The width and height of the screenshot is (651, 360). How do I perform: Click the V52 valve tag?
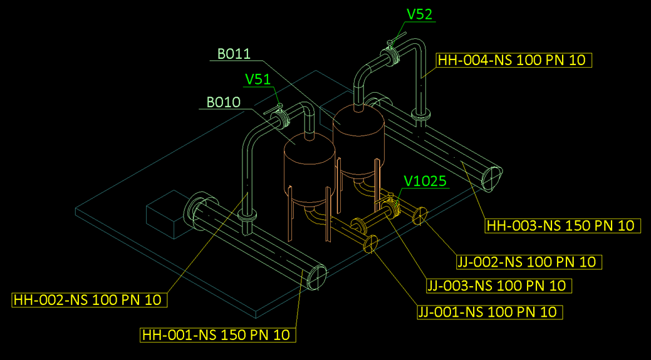click(x=420, y=14)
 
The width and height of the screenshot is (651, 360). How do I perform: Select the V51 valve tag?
click(x=258, y=80)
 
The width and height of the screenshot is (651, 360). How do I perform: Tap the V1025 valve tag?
click(x=425, y=182)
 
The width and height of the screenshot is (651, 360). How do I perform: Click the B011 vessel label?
click(x=234, y=54)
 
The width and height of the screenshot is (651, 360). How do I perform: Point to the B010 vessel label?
click(x=223, y=101)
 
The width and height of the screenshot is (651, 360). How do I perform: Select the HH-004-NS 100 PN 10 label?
click(x=513, y=60)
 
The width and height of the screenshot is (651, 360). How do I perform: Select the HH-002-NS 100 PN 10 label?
click(x=90, y=300)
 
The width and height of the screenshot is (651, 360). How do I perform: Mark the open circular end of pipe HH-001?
click(x=317, y=277)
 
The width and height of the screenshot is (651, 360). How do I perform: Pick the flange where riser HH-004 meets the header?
click(x=420, y=116)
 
